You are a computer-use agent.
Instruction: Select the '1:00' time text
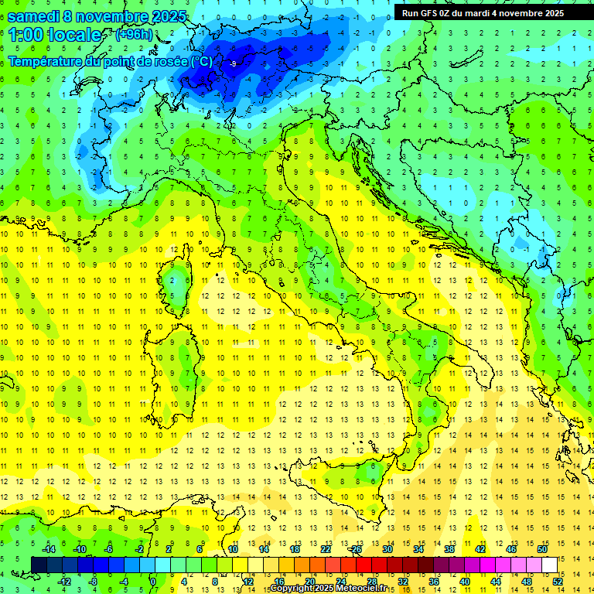tap(26, 35)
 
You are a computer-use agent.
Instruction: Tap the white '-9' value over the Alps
tap(233, 64)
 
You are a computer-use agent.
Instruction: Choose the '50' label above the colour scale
tap(541, 549)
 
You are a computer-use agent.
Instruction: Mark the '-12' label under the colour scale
tap(64, 582)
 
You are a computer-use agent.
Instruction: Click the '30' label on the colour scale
tap(387, 549)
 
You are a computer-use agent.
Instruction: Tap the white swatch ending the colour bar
tap(549, 565)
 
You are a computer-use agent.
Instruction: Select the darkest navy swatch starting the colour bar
tap(39, 565)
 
